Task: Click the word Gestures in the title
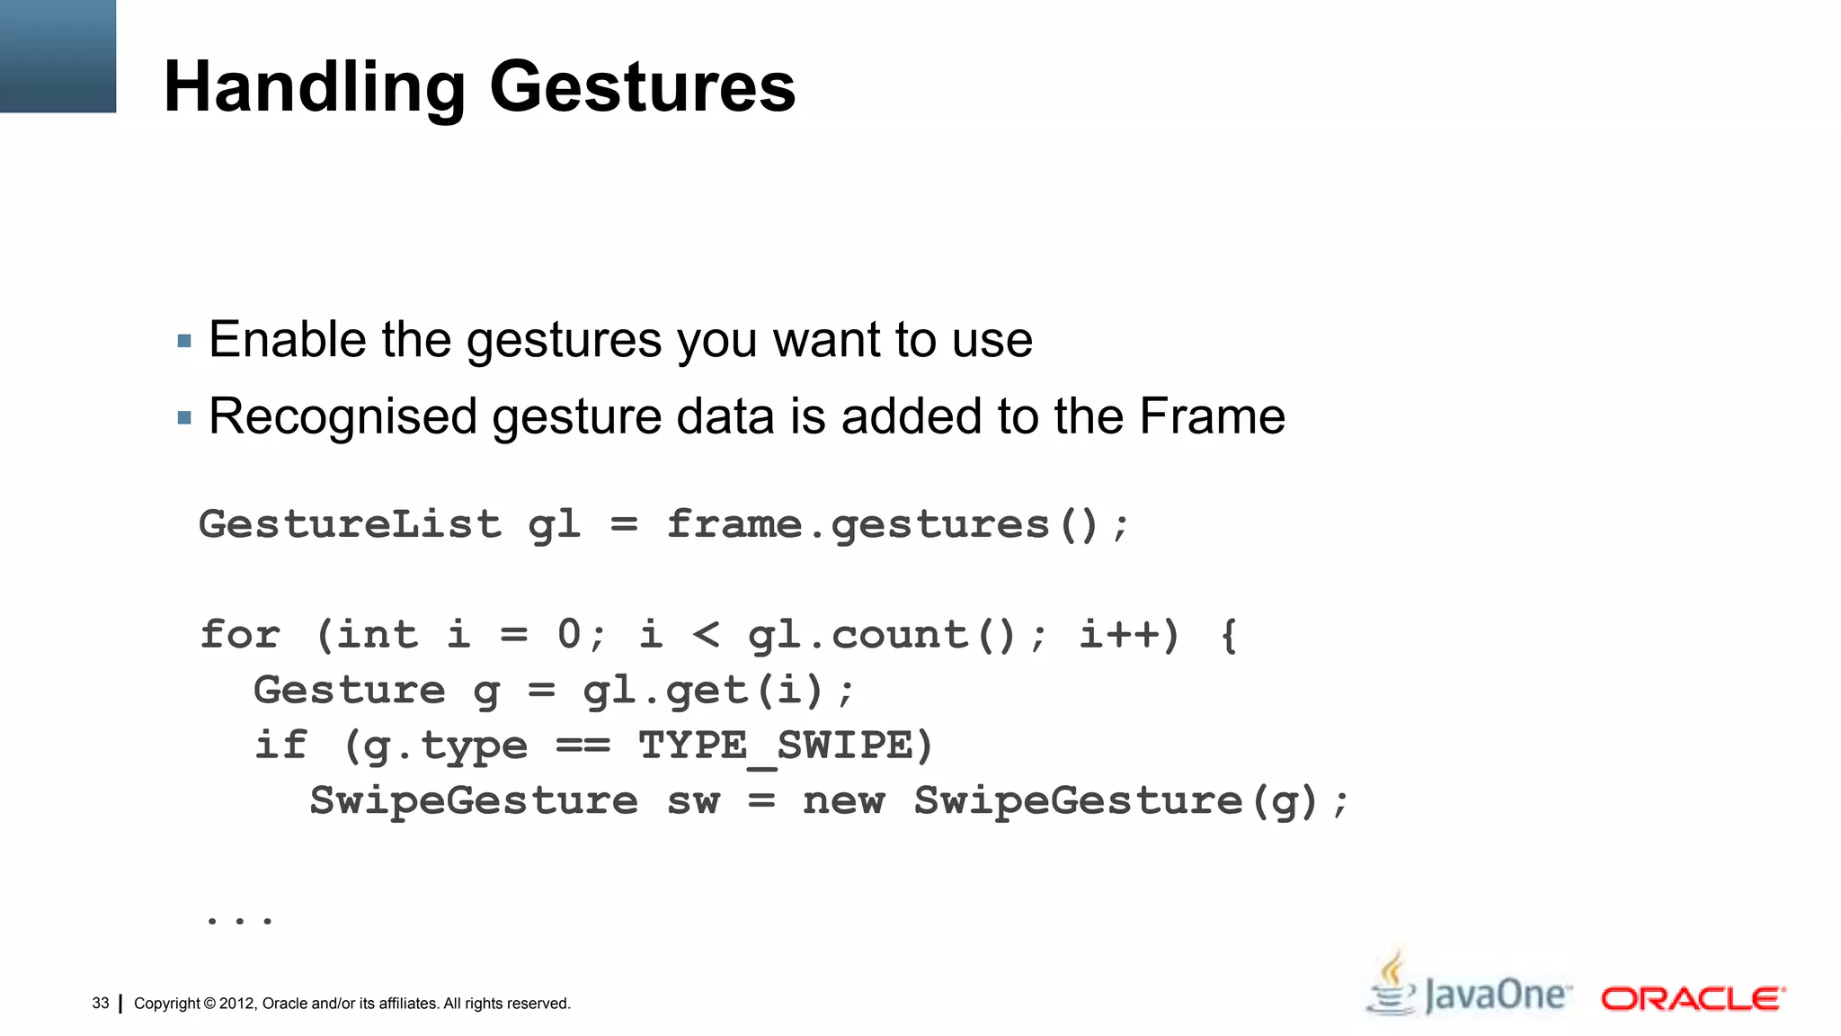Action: [642, 88]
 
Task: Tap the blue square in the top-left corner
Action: [58, 56]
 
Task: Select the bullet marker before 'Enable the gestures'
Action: [184, 341]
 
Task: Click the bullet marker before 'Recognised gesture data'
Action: [184, 417]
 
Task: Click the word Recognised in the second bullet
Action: [342, 417]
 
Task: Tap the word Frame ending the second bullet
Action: [1212, 416]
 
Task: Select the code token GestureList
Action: [350, 524]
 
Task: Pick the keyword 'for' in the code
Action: [240, 635]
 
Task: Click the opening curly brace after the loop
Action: [1229, 635]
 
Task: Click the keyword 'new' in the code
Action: [843, 801]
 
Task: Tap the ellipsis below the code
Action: [239, 919]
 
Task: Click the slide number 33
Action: [101, 1003]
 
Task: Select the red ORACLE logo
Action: [1693, 998]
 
